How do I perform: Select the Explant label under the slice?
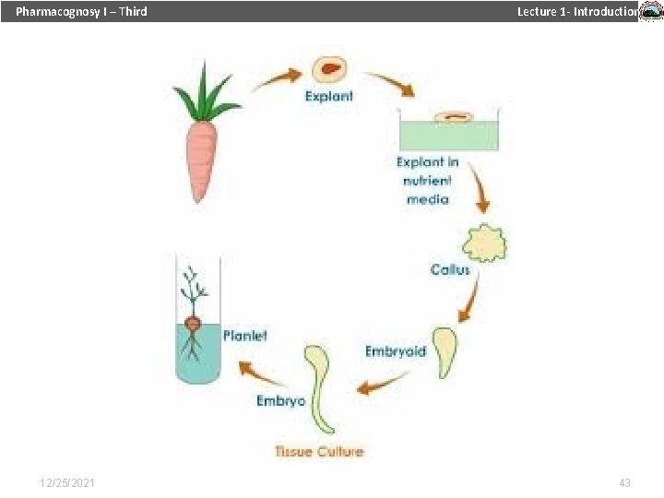pos(328,96)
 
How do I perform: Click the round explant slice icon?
pos(329,69)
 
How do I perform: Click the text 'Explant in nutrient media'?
pos(428,181)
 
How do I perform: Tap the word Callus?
pos(450,269)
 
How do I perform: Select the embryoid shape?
pos(446,350)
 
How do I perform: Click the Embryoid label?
pos(396,351)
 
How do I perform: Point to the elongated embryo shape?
pos(319,387)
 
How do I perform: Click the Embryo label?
pos(281,401)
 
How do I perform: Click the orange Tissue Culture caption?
pos(319,451)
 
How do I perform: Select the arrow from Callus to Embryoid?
pos(469,300)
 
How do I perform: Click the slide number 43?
pos(624,483)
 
